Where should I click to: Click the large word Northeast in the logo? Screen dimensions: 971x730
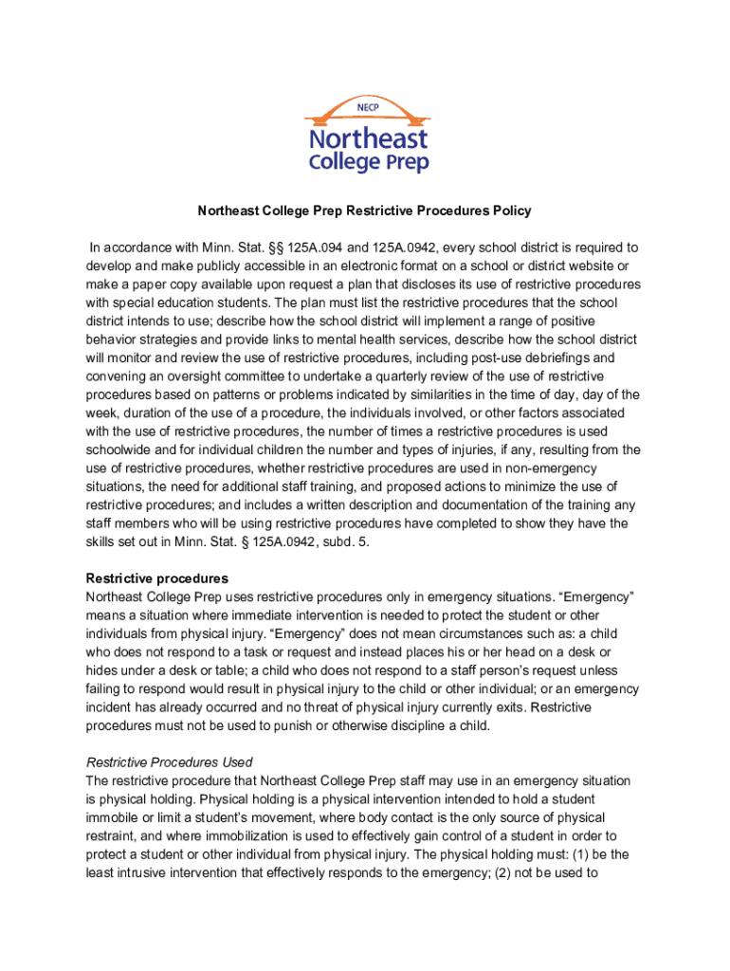tap(369, 138)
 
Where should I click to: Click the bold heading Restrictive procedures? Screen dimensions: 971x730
tap(156, 577)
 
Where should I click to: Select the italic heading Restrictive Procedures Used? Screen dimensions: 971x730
tap(169, 761)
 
